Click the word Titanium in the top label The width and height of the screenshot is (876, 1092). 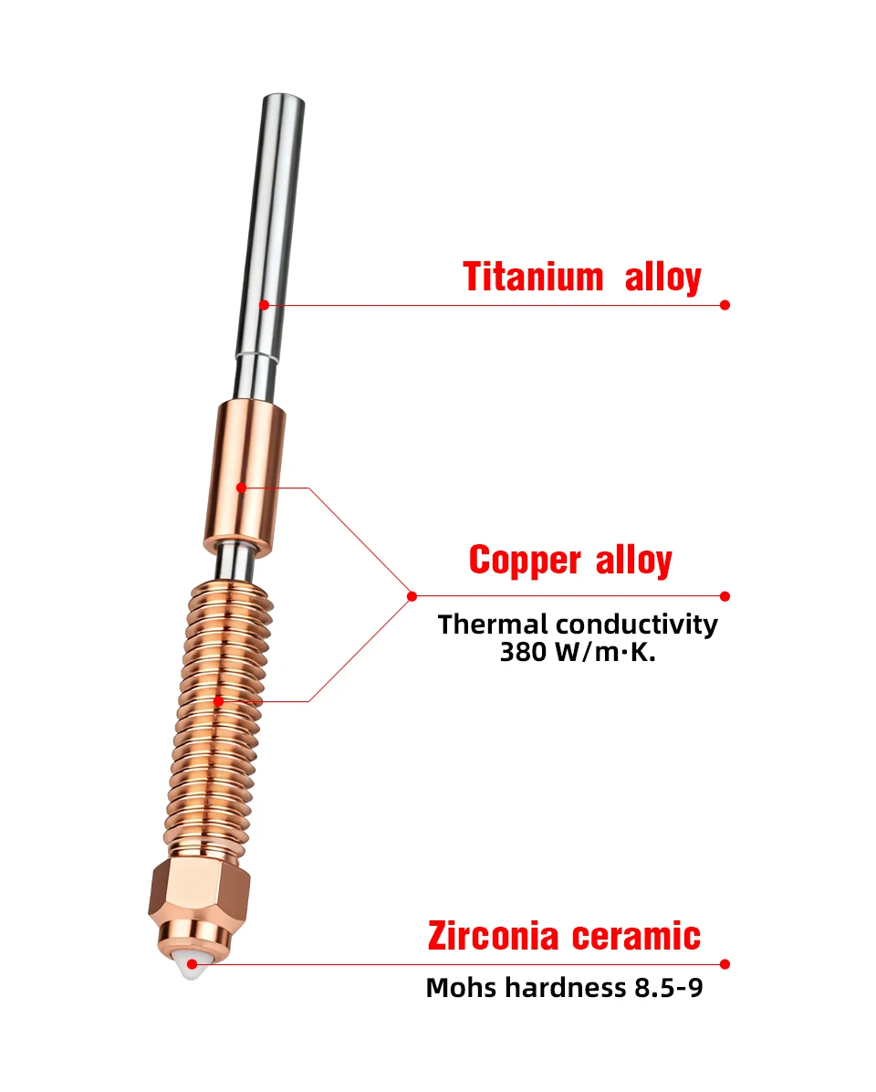click(533, 277)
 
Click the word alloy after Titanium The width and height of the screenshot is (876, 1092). click(663, 277)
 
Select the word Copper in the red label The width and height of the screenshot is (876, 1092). click(525, 561)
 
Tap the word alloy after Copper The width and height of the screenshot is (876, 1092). click(633, 561)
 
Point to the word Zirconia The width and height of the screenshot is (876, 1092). click(494, 936)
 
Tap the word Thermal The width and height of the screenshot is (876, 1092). click(493, 625)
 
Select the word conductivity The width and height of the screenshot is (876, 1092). click(637, 625)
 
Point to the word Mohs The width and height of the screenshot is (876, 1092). click(463, 988)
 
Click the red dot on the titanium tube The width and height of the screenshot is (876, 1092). click(264, 304)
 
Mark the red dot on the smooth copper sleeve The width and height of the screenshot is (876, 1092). click(241, 488)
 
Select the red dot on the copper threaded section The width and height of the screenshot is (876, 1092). click(218, 701)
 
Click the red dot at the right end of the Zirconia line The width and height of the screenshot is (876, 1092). click(725, 964)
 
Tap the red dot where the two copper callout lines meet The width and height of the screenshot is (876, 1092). click(412, 596)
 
